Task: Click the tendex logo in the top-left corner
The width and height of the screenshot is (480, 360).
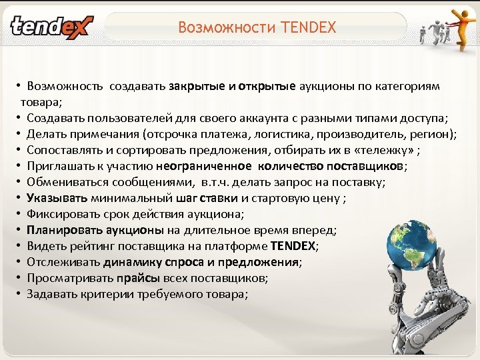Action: click(x=51, y=27)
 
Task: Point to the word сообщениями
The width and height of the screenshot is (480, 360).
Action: click(x=148, y=183)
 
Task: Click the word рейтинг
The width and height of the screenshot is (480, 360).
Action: click(x=90, y=246)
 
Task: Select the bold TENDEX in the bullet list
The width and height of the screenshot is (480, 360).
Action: click(x=294, y=246)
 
